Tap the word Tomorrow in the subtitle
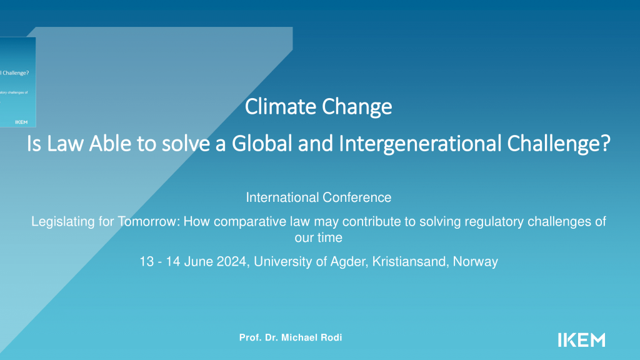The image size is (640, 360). (x=146, y=222)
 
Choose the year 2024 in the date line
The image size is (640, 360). (x=232, y=262)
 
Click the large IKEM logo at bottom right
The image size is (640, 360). (x=581, y=339)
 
